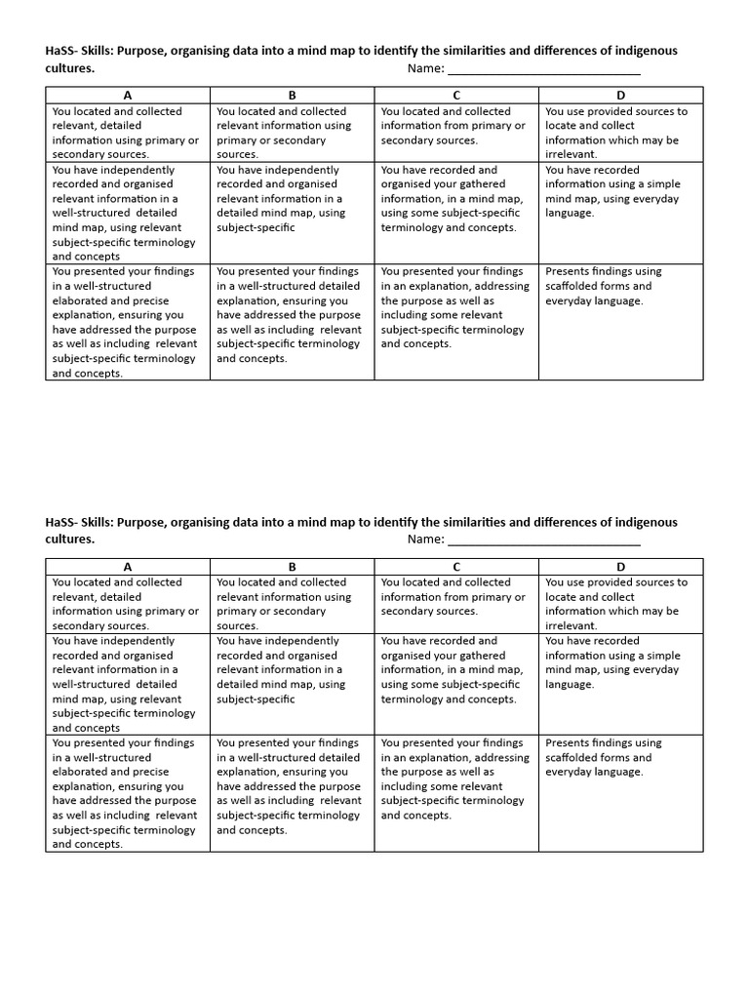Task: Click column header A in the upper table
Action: tap(128, 95)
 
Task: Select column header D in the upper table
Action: tap(620, 95)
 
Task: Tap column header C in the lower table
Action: tap(456, 566)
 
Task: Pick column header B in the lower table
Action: tap(292, 566)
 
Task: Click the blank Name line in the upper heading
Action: tap(543, 68)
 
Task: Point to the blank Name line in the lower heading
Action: tap(543, 539)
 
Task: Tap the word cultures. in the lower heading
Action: tap(70, 539)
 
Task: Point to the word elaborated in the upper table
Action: tap(85, 300)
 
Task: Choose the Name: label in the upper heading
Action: tap(425, 68)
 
